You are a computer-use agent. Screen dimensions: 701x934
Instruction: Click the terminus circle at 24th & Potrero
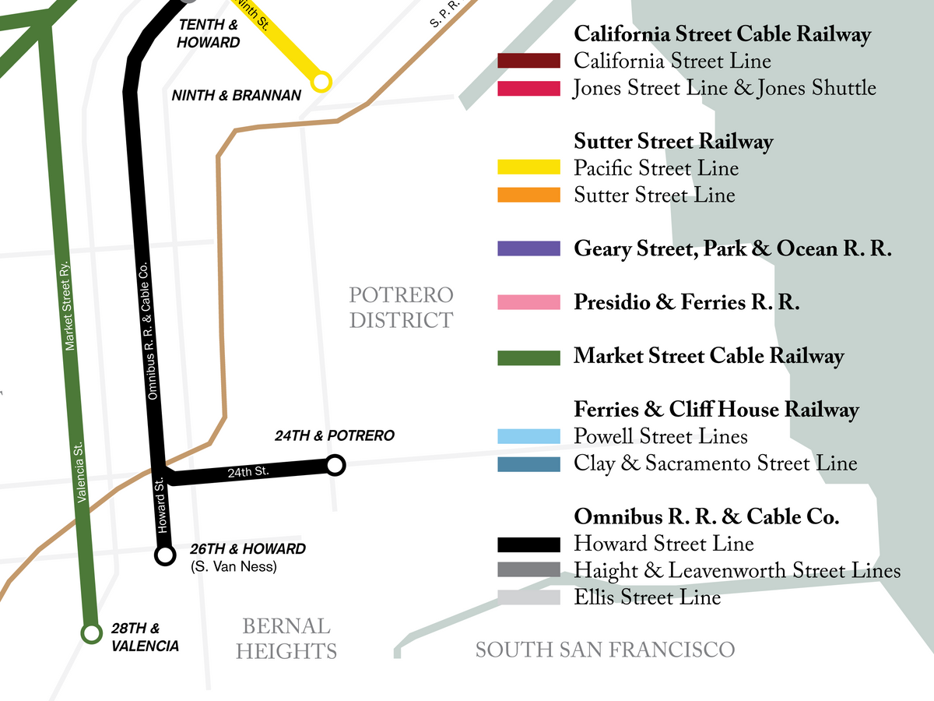point(335,466)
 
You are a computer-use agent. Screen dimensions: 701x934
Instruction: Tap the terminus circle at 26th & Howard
point(165,555)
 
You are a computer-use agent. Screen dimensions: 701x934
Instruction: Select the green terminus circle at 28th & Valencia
point(92,633)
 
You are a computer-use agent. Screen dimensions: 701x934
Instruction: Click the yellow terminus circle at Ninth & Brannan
point(321,81)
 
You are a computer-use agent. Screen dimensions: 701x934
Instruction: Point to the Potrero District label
point(401,308)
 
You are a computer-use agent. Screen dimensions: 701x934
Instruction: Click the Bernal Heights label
point(286,639)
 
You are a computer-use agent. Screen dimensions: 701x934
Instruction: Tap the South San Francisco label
point(605,650)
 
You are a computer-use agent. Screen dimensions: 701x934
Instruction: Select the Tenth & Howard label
point(208,33)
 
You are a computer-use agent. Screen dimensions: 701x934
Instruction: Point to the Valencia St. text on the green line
point(83,472)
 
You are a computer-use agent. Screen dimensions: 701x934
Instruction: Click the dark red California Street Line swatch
point(528,61)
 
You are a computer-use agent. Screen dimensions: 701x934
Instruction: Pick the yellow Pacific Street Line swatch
point(528,167)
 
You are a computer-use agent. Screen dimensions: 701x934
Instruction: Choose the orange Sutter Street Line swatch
point(528,195)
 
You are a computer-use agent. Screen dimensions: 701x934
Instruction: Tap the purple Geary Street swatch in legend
point(528,248)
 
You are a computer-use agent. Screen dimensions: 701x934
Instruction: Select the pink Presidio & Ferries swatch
point(528,302)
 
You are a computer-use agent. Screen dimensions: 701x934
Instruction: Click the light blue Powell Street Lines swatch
point(528,436)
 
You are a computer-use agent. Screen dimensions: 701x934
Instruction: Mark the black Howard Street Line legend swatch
point(528,544)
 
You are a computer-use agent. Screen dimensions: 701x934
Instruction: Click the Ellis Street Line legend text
point(647,597)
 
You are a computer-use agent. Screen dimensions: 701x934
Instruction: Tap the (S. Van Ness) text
point(233,567)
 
